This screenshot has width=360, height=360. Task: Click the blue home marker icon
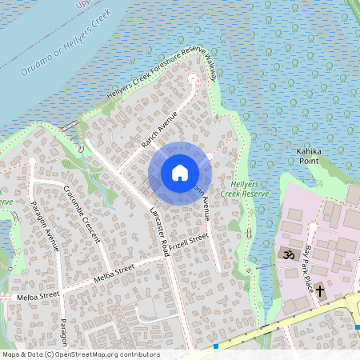coord(179,172)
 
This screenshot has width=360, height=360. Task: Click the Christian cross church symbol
coord(320,290)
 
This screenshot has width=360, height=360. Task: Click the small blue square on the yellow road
coord(216,346)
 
